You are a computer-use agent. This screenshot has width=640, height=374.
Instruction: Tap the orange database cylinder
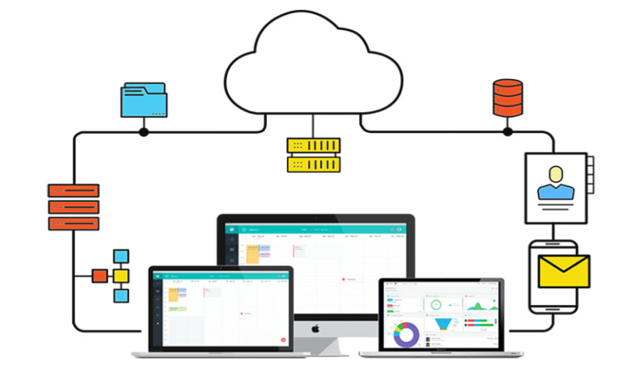(x=507, y=97)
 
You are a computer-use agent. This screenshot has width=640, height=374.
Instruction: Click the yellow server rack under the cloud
(x=313, y=155)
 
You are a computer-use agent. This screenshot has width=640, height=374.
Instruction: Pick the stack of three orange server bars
(x=73, y=207)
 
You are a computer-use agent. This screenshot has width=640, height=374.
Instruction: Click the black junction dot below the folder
(x=144, y=131)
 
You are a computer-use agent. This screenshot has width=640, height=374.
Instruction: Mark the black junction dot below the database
(x=507, y=131)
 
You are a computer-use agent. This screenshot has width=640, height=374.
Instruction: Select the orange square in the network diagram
(x=100, y=276)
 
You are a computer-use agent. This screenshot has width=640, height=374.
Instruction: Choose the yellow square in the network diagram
(x=121, y=276)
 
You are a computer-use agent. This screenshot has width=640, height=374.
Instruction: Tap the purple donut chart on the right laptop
(x=406, y=335)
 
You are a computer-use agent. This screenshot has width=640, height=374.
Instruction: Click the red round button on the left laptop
(x=283, y=340)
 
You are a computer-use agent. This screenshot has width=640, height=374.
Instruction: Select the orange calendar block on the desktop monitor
(x=253, y=254)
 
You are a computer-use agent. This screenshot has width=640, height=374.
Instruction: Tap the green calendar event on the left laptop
(x=175, y=308)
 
